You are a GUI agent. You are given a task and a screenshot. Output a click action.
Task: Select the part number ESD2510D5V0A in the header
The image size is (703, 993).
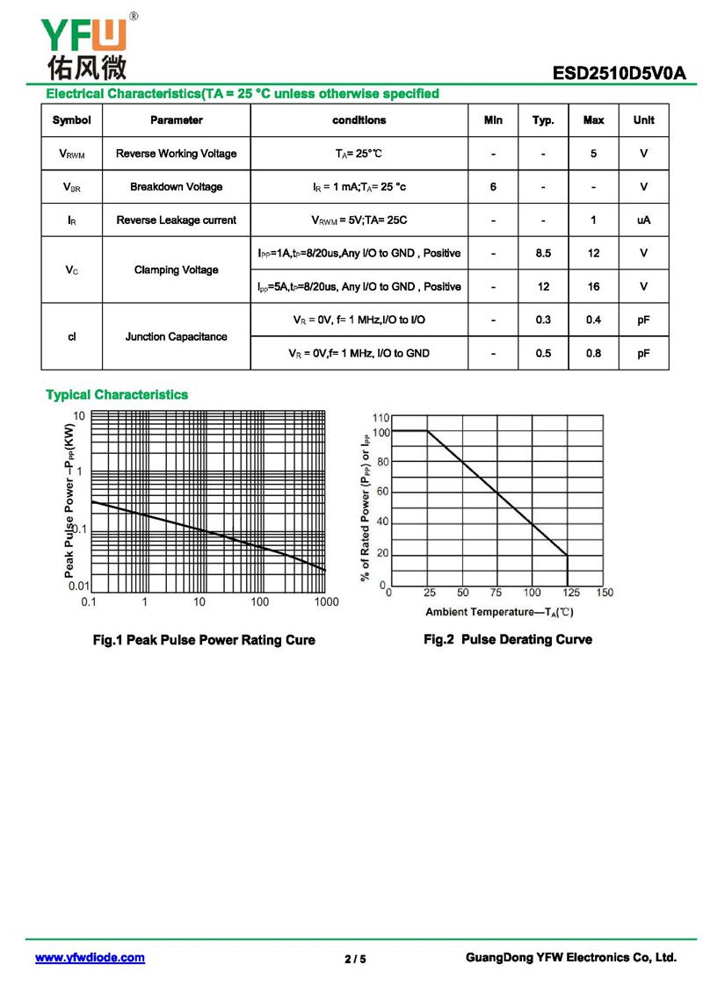point(619,75)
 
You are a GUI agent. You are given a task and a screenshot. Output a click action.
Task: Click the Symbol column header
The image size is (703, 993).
point(71,120)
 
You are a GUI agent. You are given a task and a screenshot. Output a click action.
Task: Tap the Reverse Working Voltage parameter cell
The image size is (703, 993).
point(176,154)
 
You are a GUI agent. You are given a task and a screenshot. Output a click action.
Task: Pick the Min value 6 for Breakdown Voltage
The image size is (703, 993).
point(493,187)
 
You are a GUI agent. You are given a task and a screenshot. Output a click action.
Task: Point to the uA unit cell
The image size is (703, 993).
point(643,220)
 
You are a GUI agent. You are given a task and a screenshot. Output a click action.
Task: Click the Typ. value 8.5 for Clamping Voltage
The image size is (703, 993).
point(543,254)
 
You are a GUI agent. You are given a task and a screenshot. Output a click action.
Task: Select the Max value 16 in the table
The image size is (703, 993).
point(593,287)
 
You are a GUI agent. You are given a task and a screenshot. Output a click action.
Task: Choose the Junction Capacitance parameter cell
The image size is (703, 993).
point(176,336)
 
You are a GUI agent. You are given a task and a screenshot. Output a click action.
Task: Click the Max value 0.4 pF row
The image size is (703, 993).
point(593,320)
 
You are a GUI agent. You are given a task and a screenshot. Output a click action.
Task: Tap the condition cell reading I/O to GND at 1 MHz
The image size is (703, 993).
point(359,353)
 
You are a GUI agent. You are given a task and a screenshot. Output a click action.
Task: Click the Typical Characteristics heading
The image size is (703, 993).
point(117,395)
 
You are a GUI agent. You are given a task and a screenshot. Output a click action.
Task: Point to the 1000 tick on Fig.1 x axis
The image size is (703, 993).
point(326,602)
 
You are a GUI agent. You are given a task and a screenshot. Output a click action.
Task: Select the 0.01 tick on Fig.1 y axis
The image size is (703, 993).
point(79,586)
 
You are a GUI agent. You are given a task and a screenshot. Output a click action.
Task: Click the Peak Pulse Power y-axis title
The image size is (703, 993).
point(69,500)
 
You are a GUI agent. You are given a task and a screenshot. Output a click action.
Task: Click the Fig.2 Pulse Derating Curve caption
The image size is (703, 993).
point(508,639)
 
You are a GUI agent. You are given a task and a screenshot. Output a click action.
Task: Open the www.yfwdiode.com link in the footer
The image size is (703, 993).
point(90,958)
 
